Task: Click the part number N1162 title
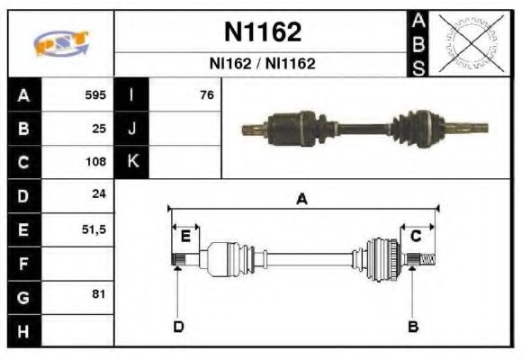[262, 32]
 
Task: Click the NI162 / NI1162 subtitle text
[262, 65]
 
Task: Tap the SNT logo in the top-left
[60, 43]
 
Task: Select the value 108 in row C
[95, 162]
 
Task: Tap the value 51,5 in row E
[94, 229]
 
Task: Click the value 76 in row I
[206, 94]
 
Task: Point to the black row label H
[23, 330]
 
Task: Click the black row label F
[23, 263]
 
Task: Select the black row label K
[131, 162]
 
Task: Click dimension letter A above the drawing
[302, 200]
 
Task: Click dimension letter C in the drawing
[416, 236]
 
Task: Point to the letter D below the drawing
[178, 326]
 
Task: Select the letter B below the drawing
[412, 326]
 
